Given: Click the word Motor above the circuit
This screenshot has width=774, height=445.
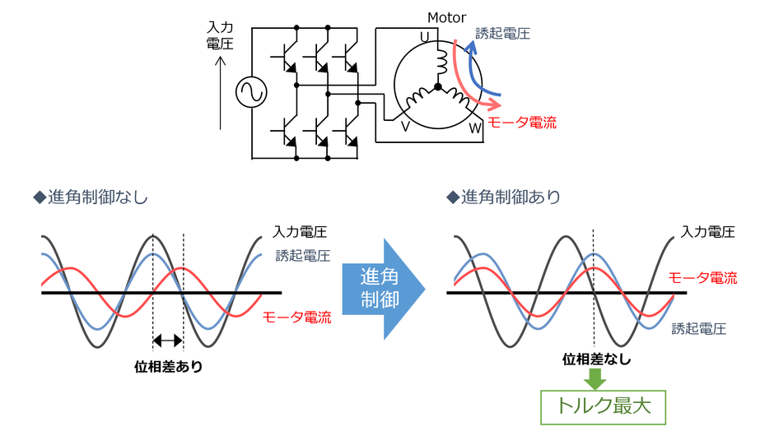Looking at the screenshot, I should (x=446, y=17).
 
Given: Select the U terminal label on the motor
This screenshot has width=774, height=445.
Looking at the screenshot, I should (x=425, y=36).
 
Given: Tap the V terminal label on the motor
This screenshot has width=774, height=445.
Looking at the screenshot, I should (x=405, y=126).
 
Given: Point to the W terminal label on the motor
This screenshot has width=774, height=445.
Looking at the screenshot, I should (x=475, y=129).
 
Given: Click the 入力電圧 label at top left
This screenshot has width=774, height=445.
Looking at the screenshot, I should (x=220, y=35).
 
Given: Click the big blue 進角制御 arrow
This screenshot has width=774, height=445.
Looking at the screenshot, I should (x=382, y=289).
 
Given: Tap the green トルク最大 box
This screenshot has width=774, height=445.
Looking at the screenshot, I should (x=602, y=406).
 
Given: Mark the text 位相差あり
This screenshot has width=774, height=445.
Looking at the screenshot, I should (x=168, y=367).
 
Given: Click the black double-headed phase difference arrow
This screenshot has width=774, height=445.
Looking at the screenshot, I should (x=168, y=340).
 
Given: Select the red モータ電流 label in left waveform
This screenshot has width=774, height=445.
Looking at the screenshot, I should (x=296, y=317).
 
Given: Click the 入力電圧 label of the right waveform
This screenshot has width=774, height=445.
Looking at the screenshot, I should (x=708, y=232).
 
